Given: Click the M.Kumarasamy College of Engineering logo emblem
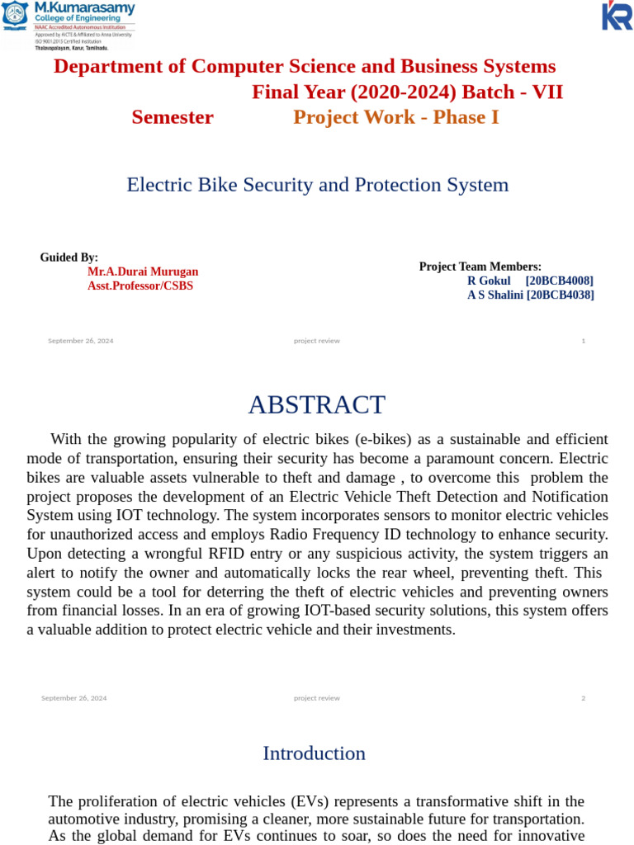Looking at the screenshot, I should pos(15,16).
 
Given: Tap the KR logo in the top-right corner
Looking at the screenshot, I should pos(617,16).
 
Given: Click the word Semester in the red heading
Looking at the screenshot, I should pos(173,117).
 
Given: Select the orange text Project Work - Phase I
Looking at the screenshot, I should pos(396,117).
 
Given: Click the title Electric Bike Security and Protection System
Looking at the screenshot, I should pos(317,185).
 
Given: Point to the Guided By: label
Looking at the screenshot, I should pos(69,257).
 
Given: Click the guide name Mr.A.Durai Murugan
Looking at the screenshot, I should pos(143,271).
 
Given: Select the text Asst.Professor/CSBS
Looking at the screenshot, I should pos(140,286).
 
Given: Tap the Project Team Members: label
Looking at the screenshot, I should pos(480,267).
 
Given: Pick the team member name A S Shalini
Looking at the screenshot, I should pos(495,295).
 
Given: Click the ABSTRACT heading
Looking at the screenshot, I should pos(316,405).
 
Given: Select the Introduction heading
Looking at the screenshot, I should pos(314,753).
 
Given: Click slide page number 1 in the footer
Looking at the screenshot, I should pos(584,341).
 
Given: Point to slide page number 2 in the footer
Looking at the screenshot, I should pos(583,698).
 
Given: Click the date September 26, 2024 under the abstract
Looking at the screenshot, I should pos(74,698).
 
